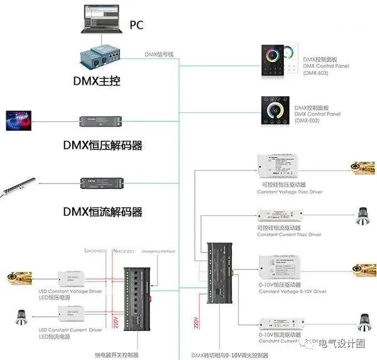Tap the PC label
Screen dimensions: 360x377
point(136,25)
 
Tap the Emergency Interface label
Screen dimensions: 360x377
point(159,251)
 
